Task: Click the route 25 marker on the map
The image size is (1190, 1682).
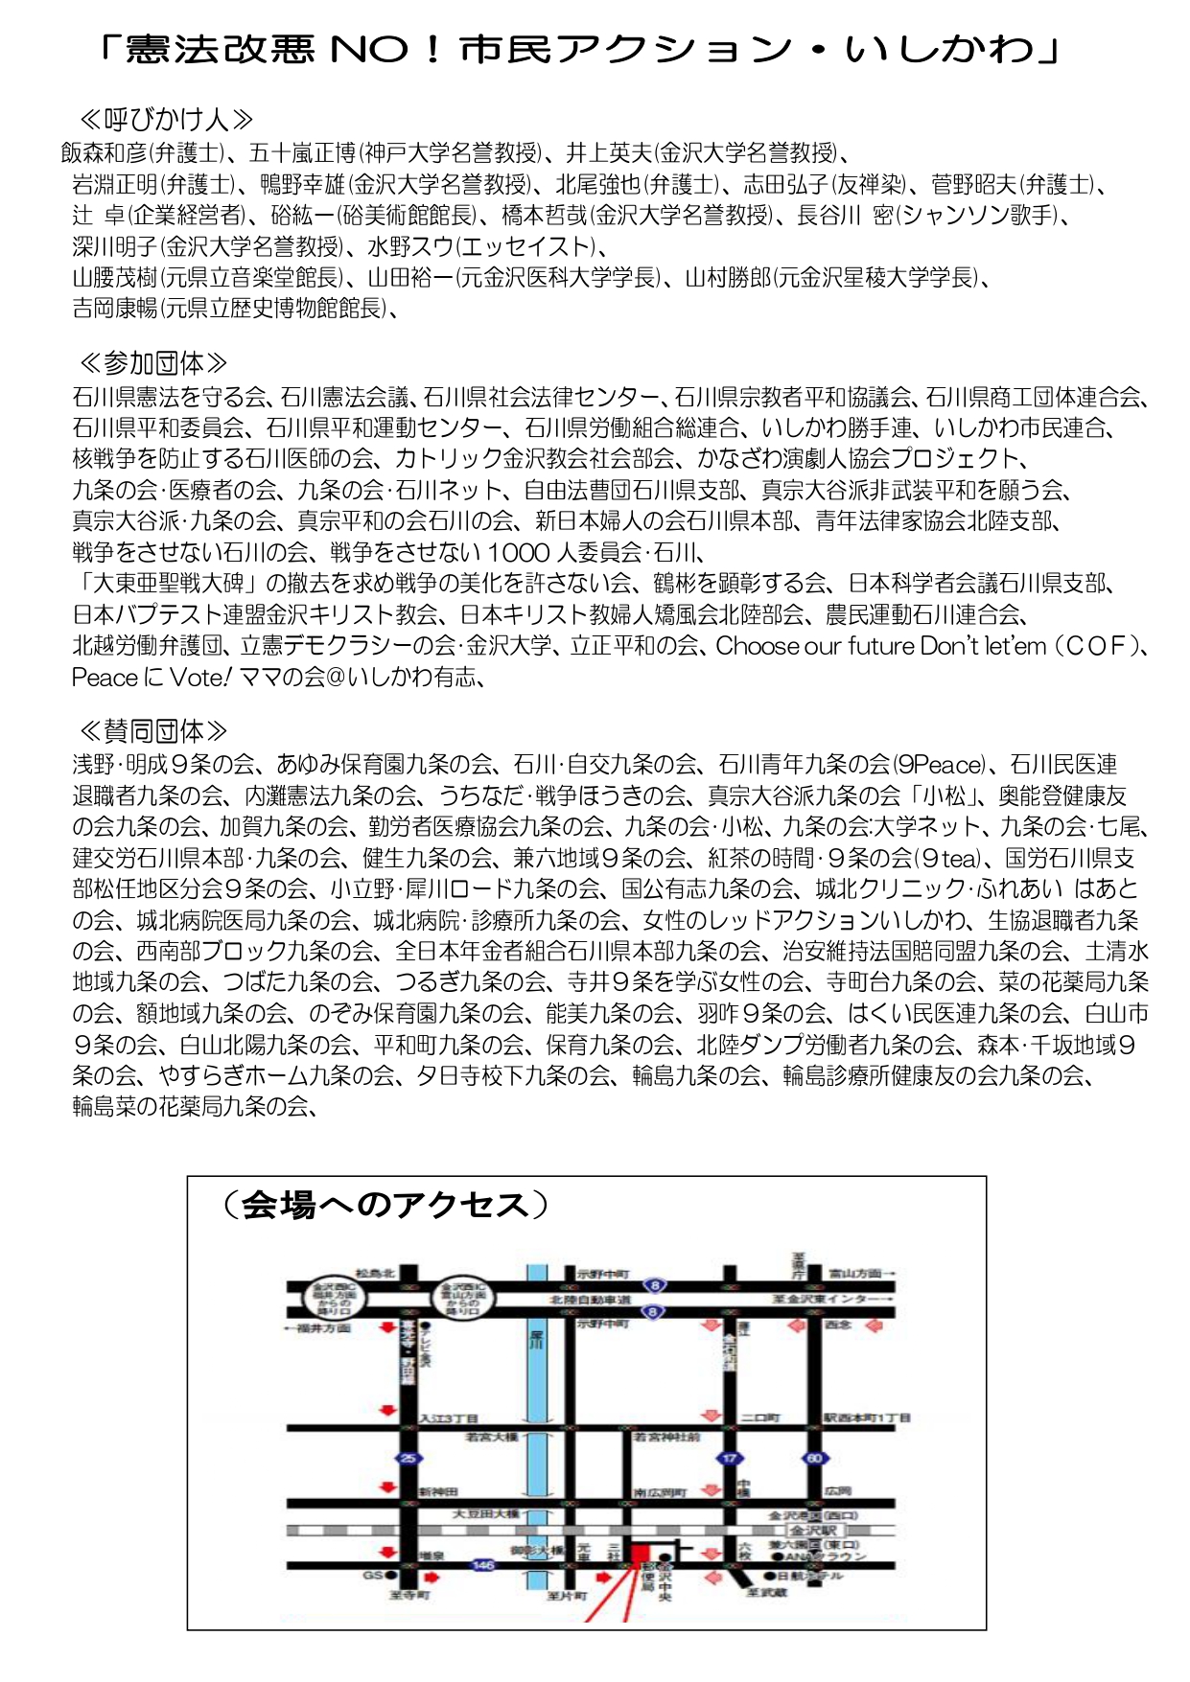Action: pos(409,1459)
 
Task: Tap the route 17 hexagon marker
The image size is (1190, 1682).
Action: pos(731,1459)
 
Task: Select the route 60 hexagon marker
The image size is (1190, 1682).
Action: pos(814,1459)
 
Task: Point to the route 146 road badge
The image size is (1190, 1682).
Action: pos(482,1565)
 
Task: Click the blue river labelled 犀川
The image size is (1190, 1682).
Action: pos(537,1418)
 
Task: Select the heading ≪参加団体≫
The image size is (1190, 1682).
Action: pos(152,363)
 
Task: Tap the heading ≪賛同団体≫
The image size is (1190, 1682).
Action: pos(152,731)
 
